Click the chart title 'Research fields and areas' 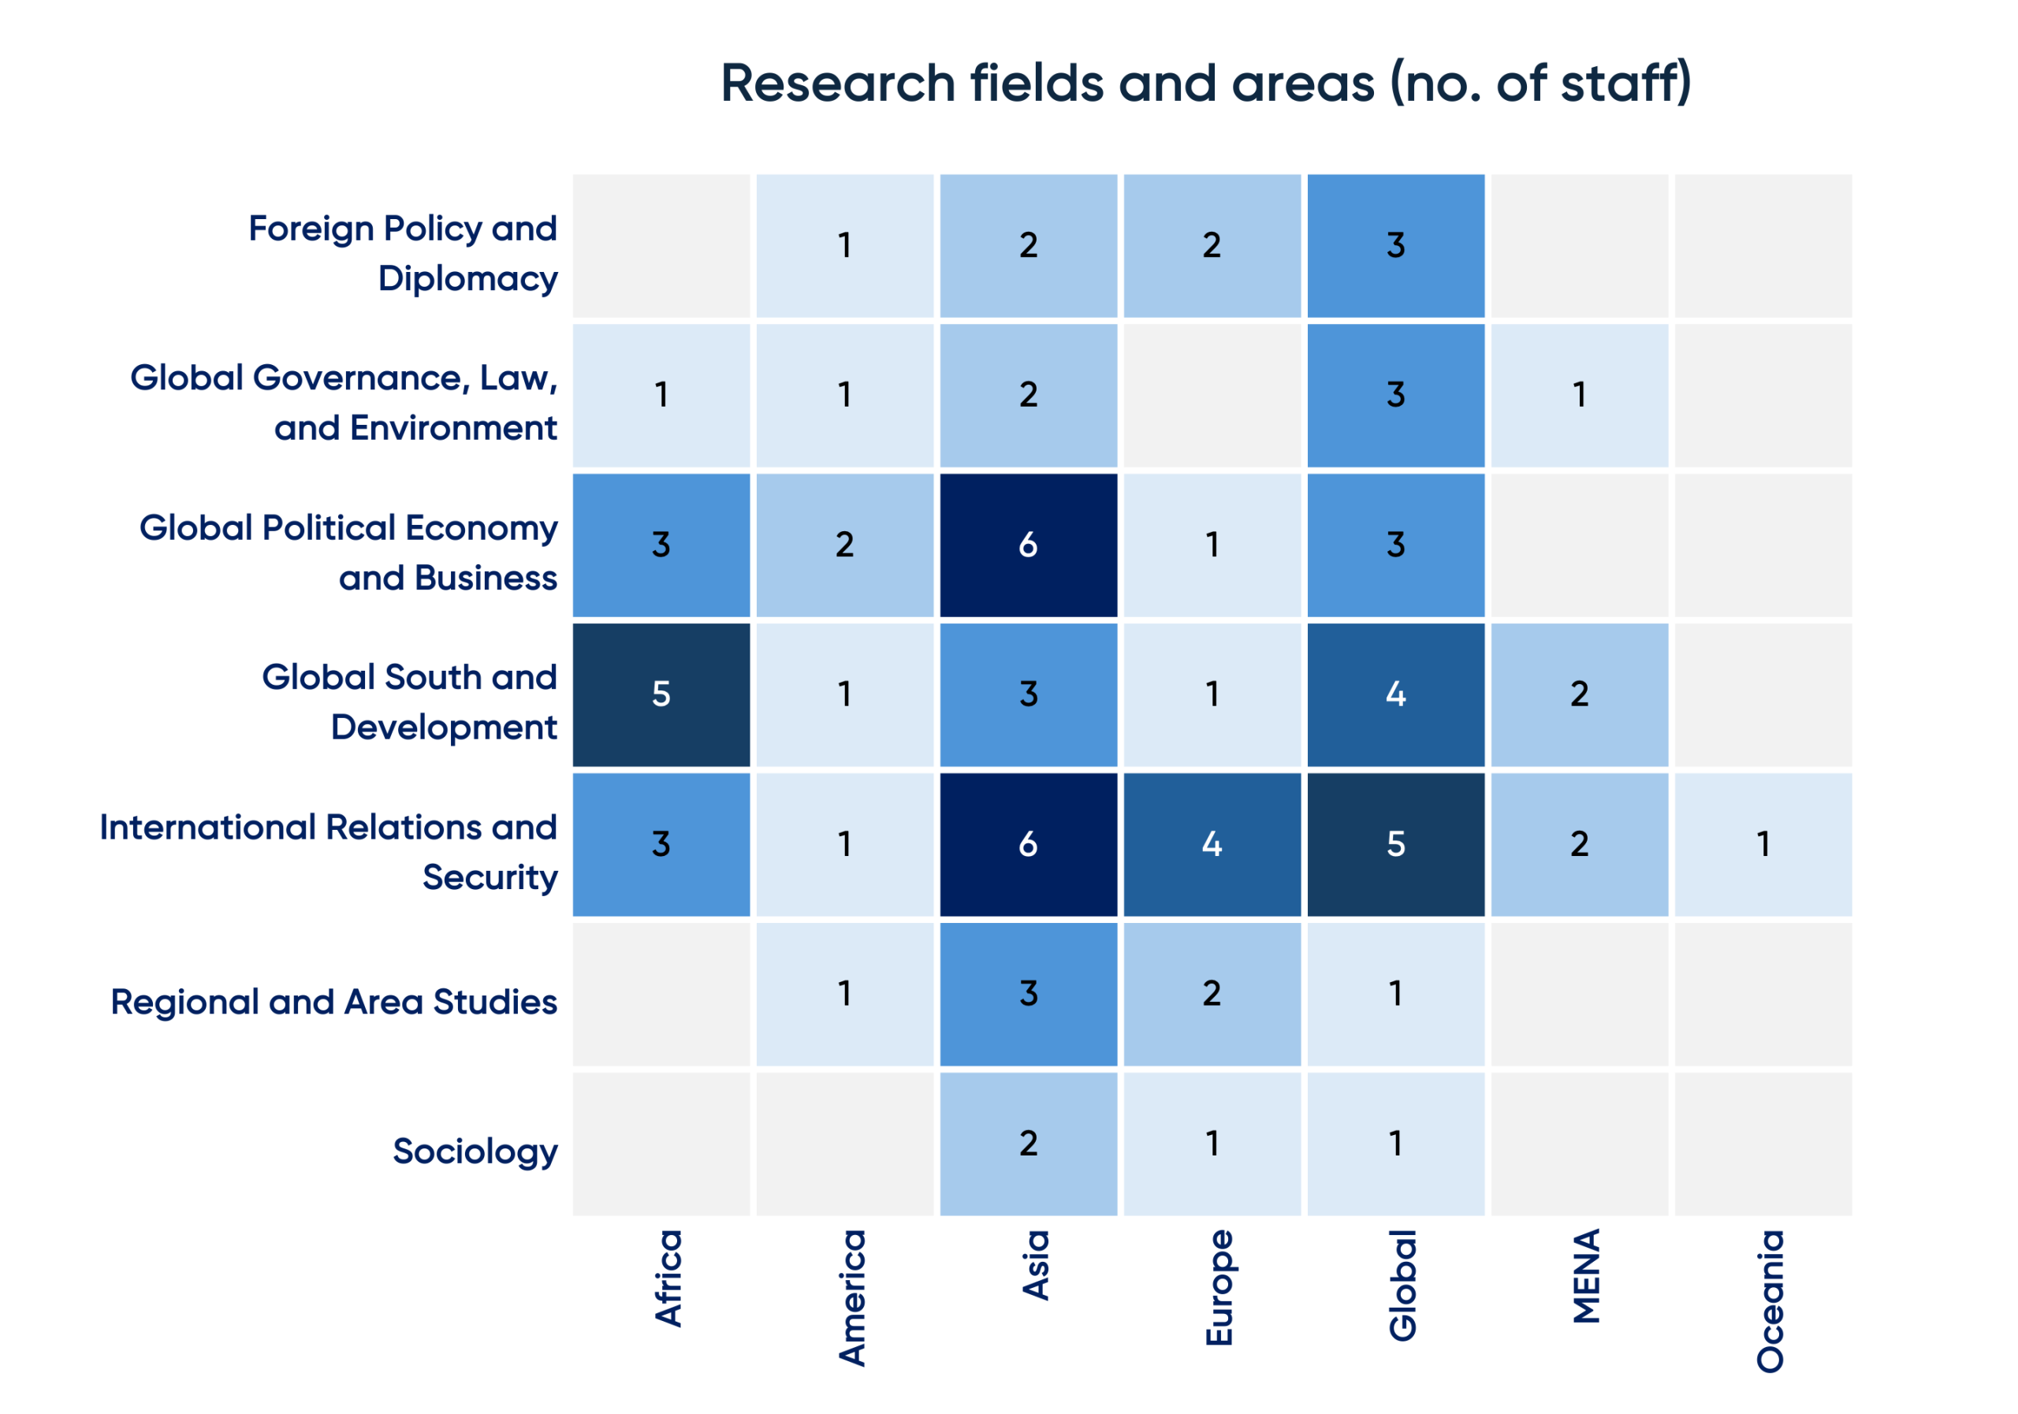pyautogui.click(x=1205, y=84)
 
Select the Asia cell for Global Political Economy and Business pyautogui.click(x=1029, y=545)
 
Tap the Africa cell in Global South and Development pyautogui.click(x=661, y=695)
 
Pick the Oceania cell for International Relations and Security pyautogui.click(x=1763, y=844)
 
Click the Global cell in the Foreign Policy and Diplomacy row pyautogui.click(x=1396, y=246)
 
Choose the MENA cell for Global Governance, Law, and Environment pyautogui.click(x=1580, y=396)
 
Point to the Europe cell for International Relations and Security pyautogui.click(x=1212, y=844)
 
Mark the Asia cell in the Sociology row pyautogui.click(x=1029, y=1144)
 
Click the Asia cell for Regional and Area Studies pyautogui.click(x=1029, y=994)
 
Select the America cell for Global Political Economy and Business pyautogui.click(x=844, y=545)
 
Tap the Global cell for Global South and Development pyautogui.click(x=1396, y=695)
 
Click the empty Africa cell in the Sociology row pyautogui.click(x=661, y=1144)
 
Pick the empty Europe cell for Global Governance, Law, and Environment pyautogui.click(x=1212, y=396)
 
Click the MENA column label pyautogui.click(x=1587, y=1276)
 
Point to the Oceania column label pyautogui.click(x=1770, y=1301)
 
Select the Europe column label pyautogui.click(x=1219, y=1287)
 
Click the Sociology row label pyautogui.click(x=475, y=1152)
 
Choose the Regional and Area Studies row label pyautogui.click(x=334, y=1003)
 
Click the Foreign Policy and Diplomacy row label pyautogui.click(x=403, y=253)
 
